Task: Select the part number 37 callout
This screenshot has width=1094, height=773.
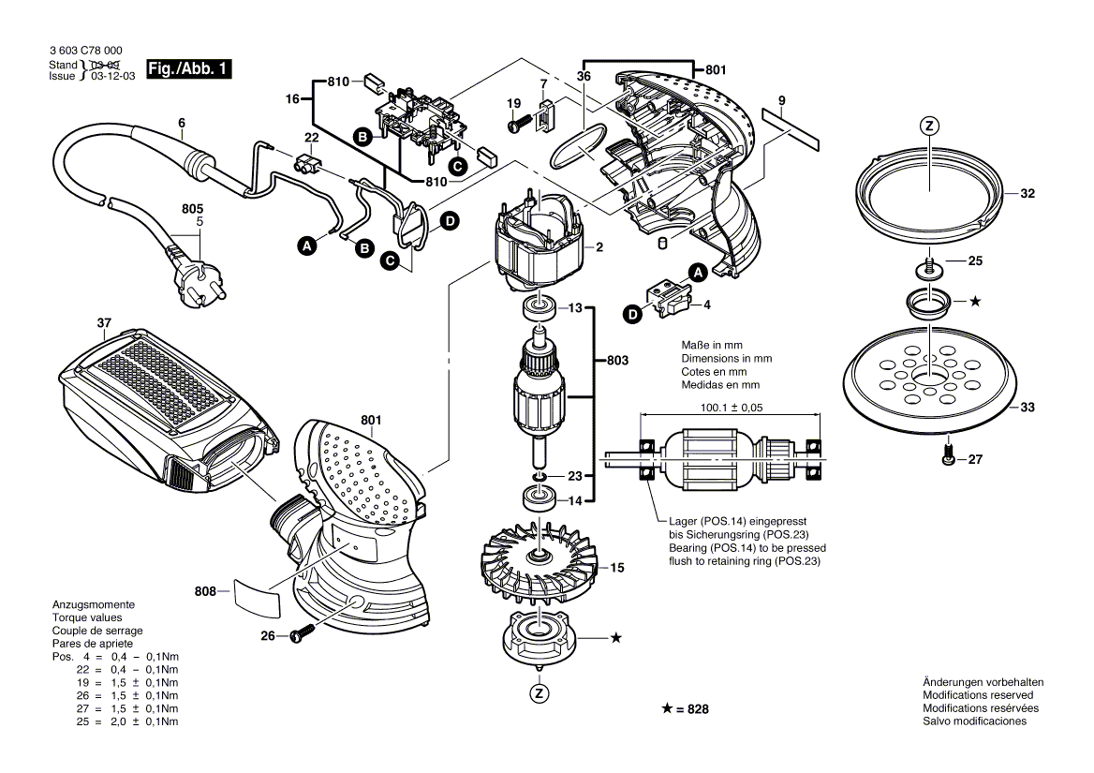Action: point(103,324)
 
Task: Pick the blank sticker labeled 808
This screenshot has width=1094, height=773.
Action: point(256,596)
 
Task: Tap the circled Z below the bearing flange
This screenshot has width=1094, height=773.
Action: point(539,693)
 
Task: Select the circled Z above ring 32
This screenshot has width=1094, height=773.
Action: point(928,126)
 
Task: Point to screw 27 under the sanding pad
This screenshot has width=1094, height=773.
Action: point(947,458)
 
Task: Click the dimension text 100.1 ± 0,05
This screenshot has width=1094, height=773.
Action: point(732,408)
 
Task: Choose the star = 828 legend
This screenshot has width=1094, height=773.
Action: point(685,709)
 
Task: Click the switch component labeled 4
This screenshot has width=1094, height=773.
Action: point(672,299)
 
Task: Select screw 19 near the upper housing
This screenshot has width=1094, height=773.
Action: point(520,121)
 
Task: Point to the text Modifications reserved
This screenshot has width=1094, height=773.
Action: point(978,695)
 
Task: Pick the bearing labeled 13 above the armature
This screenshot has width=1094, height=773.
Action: point(538,306)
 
